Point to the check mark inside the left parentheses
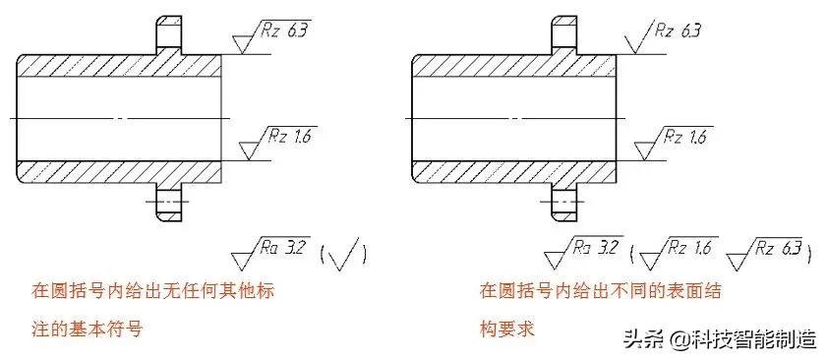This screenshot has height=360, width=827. click(344, 254)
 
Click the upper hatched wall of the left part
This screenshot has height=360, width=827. click(118, 65)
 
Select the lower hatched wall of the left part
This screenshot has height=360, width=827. click(118, 170)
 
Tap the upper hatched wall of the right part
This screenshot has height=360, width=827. click(511, 65)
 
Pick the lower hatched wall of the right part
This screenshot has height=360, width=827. click(511, 170)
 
